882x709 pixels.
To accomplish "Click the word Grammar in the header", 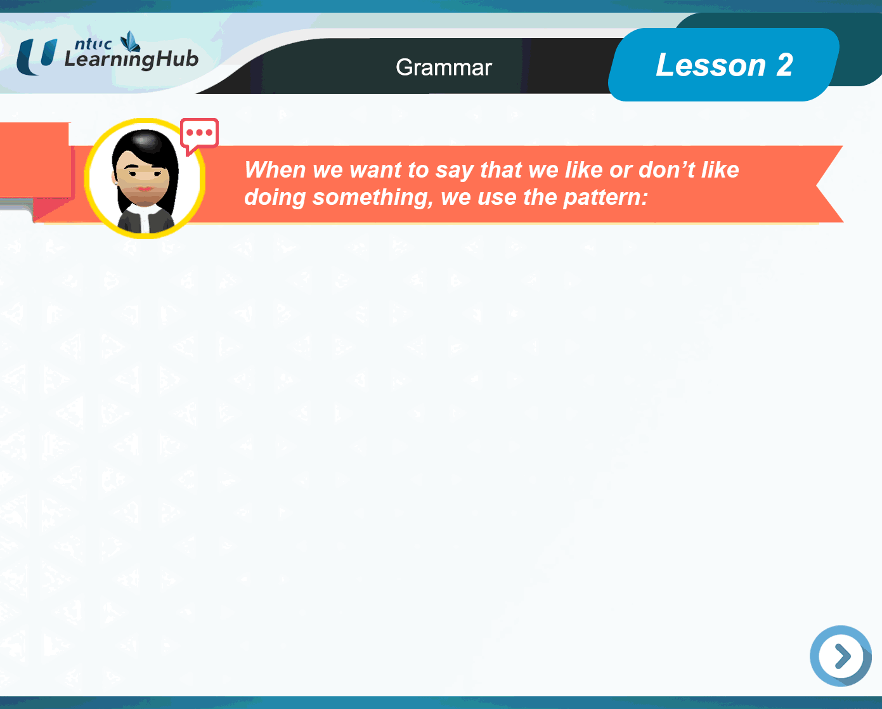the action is (443, 67).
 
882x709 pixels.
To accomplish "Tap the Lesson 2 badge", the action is (723, 65).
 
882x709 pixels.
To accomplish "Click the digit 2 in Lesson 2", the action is (784, 65).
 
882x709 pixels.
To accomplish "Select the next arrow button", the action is (841, 656).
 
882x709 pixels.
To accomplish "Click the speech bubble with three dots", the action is (199, 134).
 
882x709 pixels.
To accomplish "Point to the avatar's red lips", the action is (145, 188).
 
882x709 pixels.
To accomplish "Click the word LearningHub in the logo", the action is (131, 60).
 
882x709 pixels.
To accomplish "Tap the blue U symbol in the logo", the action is (37, 57).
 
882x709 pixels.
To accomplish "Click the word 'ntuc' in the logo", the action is (93, 44).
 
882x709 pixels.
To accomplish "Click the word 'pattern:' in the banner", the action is (606, 197).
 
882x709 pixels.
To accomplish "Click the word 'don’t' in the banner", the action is (667, 170).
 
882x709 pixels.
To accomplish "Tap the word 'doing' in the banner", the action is (275, 198).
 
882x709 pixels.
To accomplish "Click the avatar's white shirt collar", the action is (145, 218).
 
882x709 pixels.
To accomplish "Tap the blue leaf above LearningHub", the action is (131, 41).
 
